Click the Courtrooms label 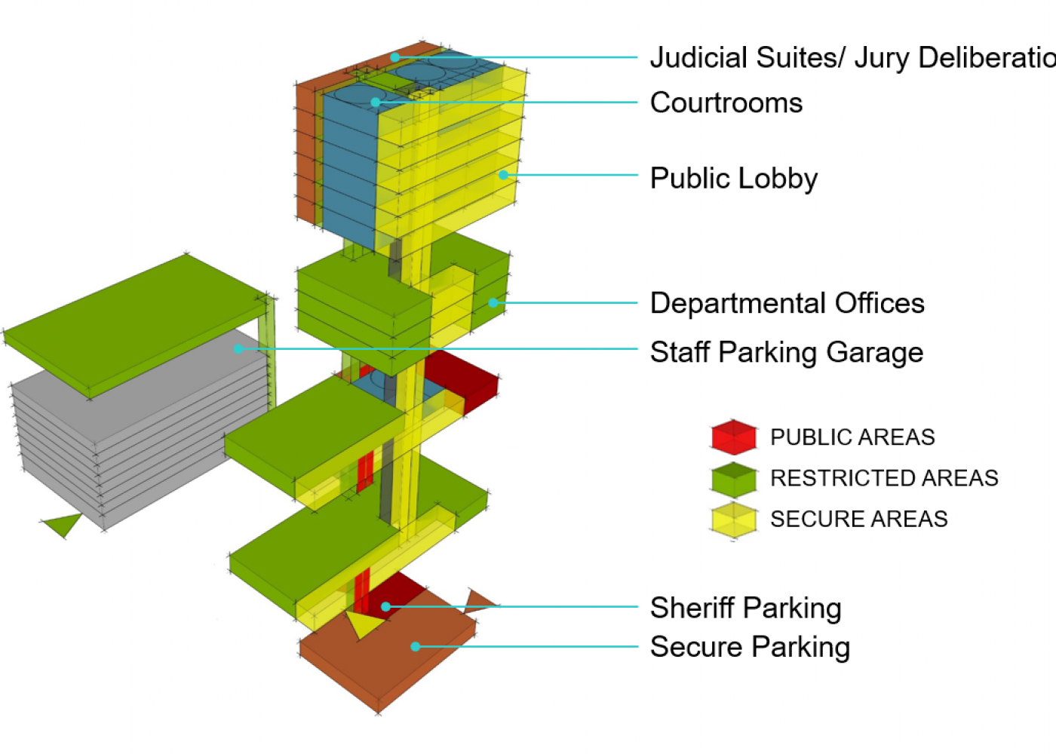726,103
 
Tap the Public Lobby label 734,179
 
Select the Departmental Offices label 787,303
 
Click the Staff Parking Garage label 787,352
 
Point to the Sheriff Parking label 745,608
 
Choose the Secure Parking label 750,647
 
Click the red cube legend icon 733,437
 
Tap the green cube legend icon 733,479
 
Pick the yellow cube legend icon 733,520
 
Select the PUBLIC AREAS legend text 852,437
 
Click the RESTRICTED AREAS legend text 884,478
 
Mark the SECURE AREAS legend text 858,519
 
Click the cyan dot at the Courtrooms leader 375,102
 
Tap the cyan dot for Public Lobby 503,175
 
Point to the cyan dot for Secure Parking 415,646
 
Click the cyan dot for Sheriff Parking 385,606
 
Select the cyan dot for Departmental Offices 493,303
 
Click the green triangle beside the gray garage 63,523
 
